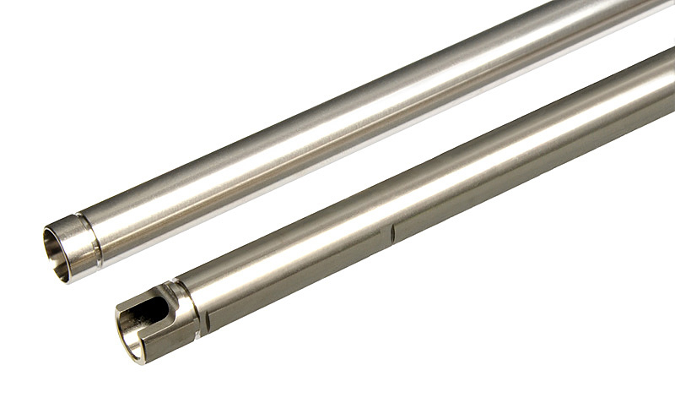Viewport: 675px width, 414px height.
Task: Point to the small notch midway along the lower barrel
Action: (392, 232)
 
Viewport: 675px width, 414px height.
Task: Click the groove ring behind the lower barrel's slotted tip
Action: (193, 309)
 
